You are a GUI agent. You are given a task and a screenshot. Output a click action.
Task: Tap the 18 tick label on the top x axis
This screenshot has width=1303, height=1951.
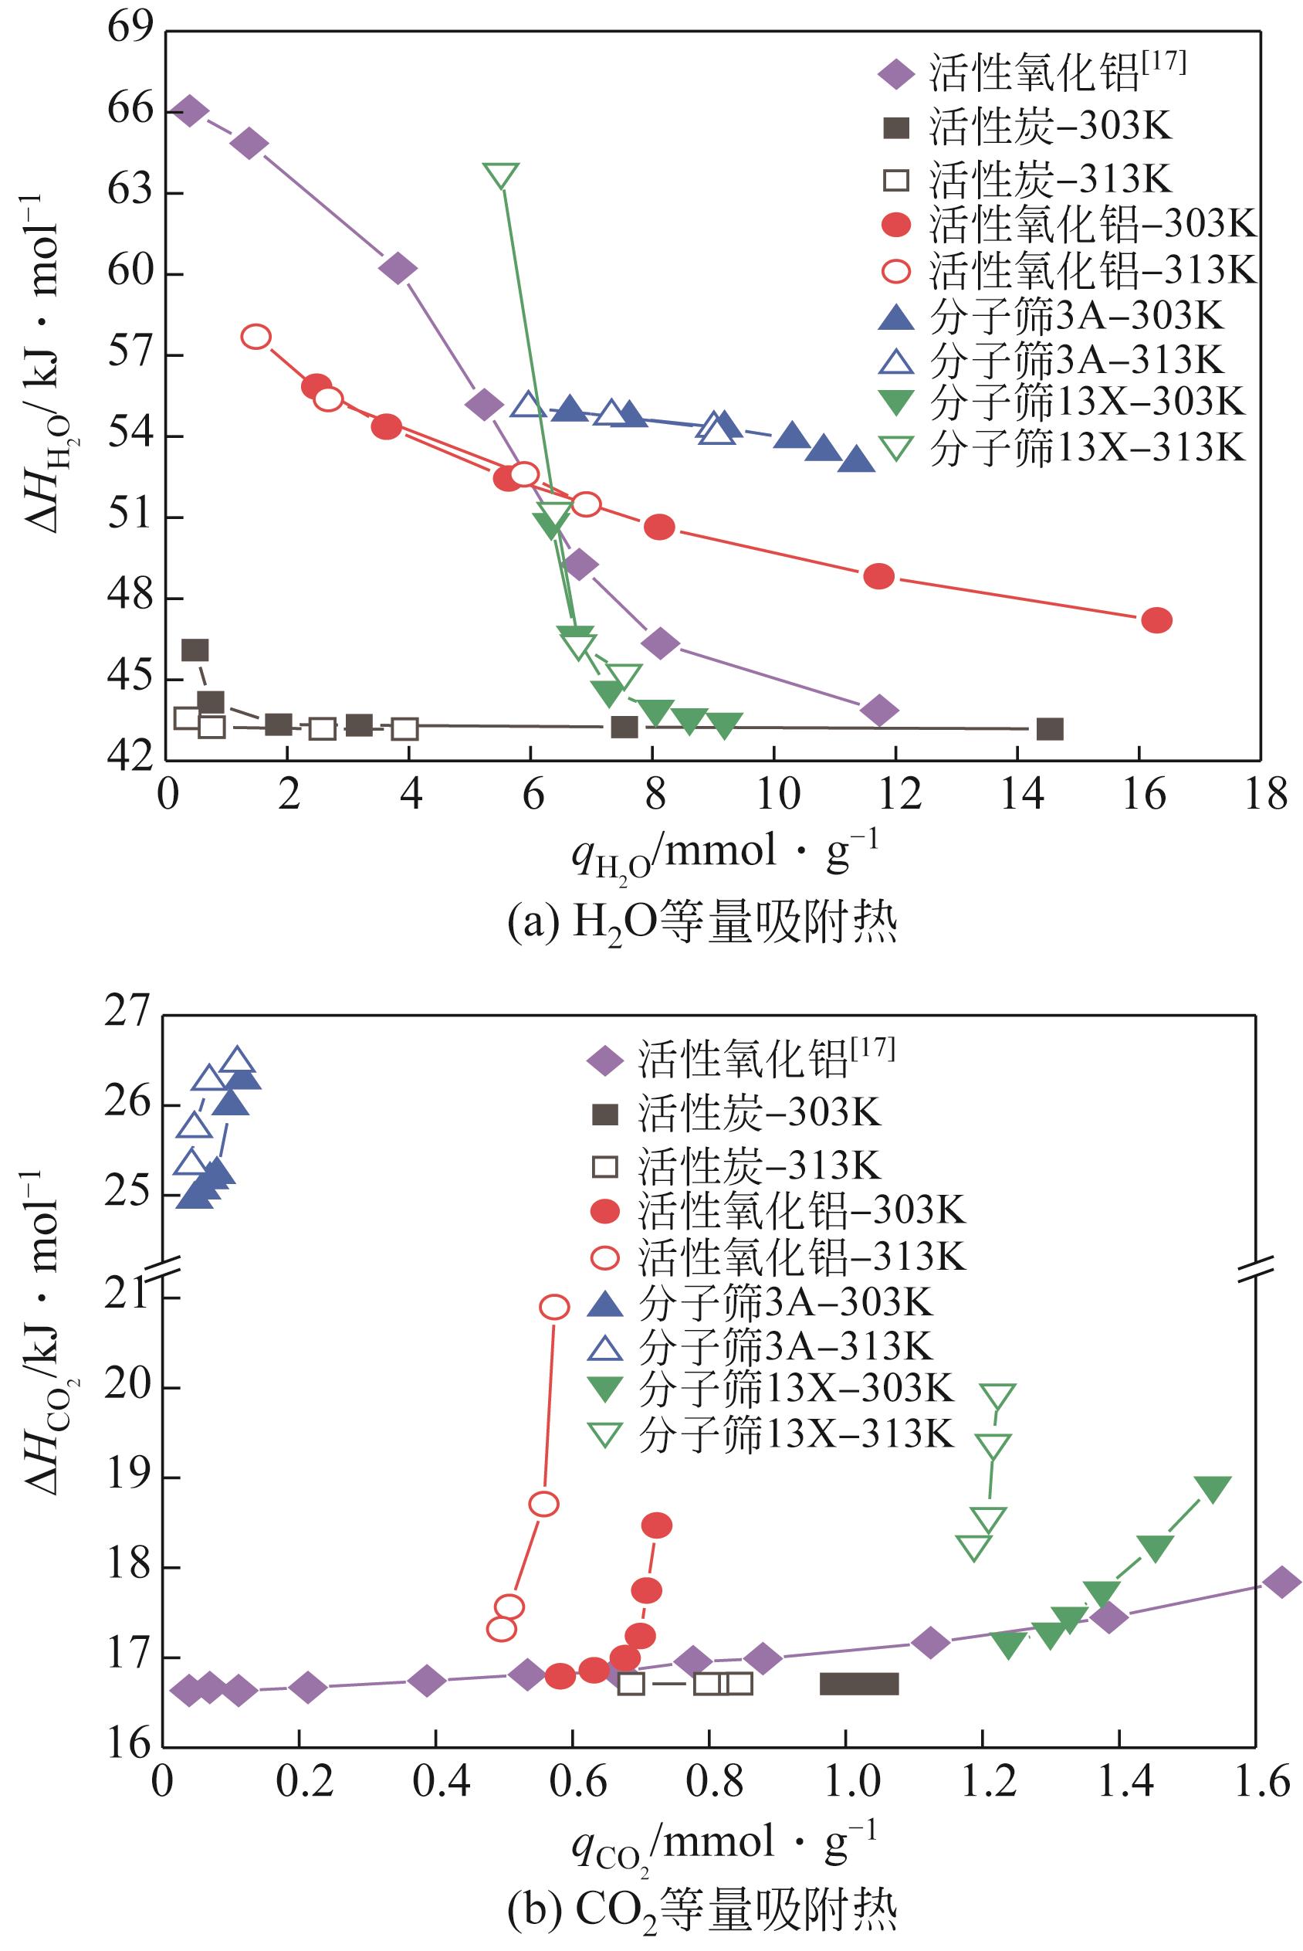[x=1261, y=795]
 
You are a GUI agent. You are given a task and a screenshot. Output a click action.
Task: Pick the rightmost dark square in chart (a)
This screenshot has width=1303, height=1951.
[x=1051, y=729]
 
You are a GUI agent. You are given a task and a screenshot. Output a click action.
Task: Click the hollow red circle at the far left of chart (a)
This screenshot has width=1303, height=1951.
[x=256, y=337]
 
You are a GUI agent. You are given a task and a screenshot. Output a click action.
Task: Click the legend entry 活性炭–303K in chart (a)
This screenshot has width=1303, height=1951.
[x=1027, y=128]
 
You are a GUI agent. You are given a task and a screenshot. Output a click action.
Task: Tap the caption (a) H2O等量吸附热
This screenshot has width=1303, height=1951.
[x=702, y=925]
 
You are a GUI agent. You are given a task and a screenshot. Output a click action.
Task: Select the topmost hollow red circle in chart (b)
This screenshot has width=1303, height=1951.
[x=555, y=1307]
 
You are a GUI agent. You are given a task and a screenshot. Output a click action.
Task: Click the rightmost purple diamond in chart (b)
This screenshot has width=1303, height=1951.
[x=1281, y=1582]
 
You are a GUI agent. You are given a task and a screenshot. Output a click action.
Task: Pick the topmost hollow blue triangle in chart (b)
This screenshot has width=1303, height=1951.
[x=238, y=1061]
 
